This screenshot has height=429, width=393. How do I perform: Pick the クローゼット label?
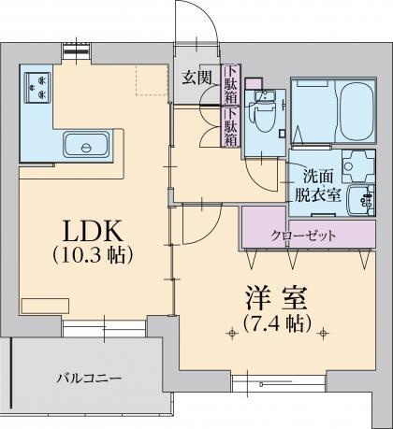click(x=301, y=235)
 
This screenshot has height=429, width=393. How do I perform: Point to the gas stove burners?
click(x=36, y=86)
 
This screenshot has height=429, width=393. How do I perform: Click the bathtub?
click(x=331, y=110)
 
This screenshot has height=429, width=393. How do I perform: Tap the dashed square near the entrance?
click(x=150, y=79)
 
